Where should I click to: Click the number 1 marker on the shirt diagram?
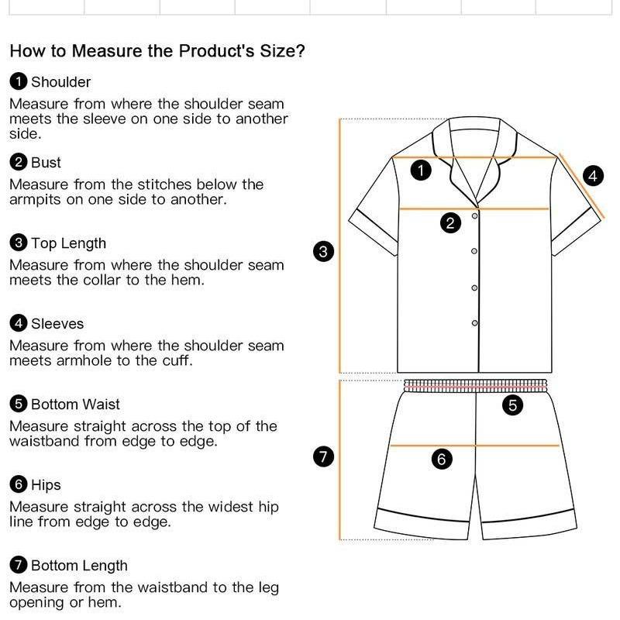[x=421, y=170]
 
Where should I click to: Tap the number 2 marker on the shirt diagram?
[x=450, y=223]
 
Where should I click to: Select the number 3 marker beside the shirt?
[x=323, y=251]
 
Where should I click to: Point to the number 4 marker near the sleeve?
[x=593, y=176]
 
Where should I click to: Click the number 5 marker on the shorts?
[x=512, y=405]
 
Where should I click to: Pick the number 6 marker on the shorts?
[x=442, y=459]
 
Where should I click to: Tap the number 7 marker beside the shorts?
[x=323, y=456]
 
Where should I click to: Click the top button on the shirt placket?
[x=474, y=216]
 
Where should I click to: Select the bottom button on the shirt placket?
[x=474, y=323]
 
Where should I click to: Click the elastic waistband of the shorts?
[x=475, y=386]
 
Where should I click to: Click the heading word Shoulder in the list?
[x=61, y=82]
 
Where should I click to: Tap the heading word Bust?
[x=46, y=163]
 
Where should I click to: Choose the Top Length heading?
[x=68, y=243]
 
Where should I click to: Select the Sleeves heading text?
[x=57, y=324]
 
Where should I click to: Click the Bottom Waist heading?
[x=75, y=405]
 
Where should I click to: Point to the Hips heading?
[x=46, y=485]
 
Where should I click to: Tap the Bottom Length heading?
[x=79, y=566]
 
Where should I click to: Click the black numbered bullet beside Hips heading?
[x=18, y=485]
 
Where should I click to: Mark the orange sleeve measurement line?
[x=580, y=186]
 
